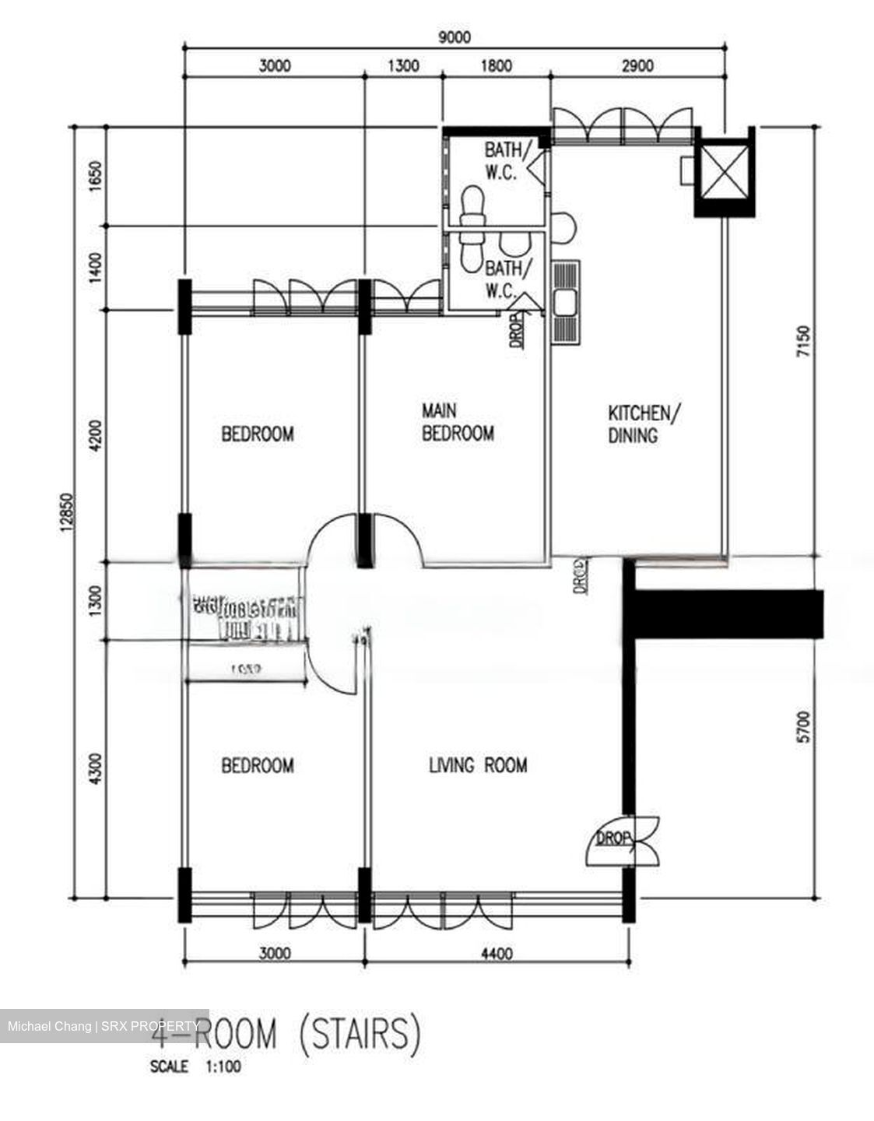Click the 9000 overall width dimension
pos(455,37)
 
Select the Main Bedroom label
pos(457,422)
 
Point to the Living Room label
pos(478,765)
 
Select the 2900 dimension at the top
pos(637,66)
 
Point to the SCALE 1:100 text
pos(195,1067)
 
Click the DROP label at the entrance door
pos(613,838)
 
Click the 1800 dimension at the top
pos(496,66)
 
